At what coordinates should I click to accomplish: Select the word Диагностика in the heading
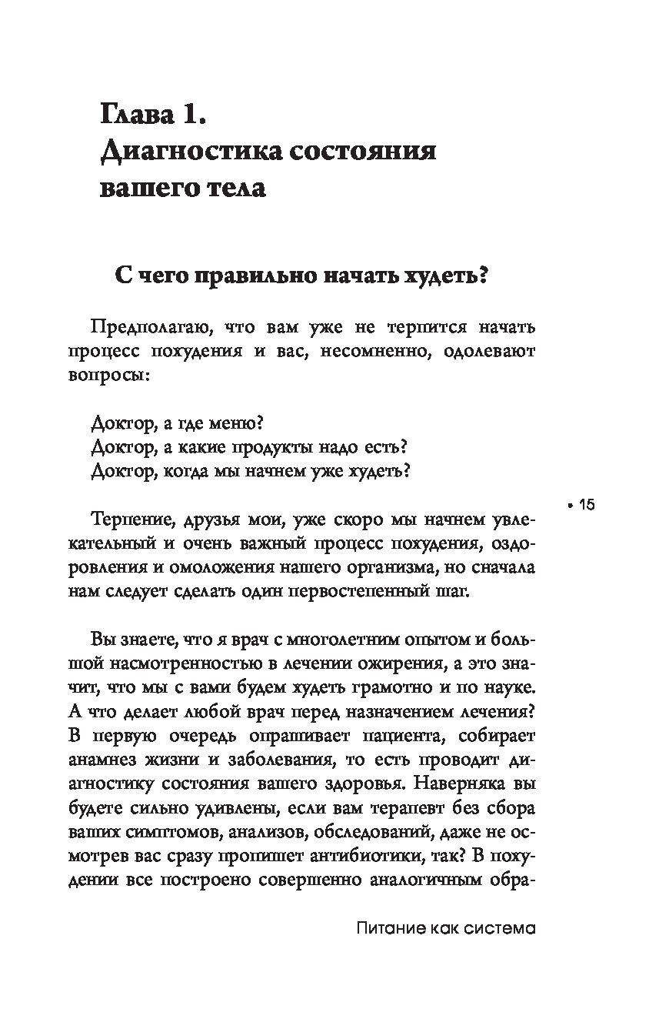tap(182, 151)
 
